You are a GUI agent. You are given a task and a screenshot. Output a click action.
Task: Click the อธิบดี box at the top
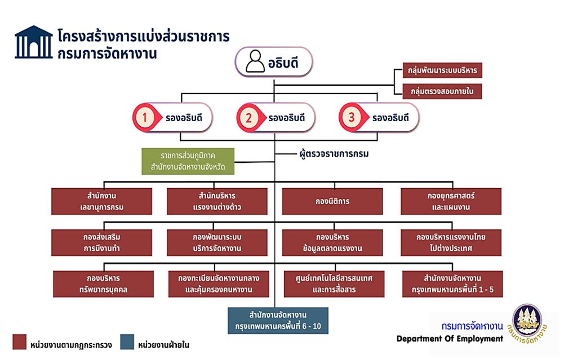274,62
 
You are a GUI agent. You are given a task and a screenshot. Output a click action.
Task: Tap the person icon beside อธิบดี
255,61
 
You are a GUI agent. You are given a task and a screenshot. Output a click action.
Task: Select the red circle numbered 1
145,117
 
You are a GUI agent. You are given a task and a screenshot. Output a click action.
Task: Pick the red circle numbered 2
248,118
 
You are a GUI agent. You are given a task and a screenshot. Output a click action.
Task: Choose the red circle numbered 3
352,117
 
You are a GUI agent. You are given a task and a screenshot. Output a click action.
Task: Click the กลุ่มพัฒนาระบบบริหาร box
442,70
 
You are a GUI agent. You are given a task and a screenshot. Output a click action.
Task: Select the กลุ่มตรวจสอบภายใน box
442,91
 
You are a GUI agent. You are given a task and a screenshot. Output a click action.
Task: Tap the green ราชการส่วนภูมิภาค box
188,161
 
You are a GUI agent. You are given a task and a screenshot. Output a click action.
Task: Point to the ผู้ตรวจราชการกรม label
334,154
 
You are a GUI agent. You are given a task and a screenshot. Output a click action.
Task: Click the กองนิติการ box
332,201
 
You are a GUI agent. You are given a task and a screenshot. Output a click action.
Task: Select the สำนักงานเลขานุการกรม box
101,201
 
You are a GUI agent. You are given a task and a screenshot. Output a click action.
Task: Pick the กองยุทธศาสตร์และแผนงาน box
451,201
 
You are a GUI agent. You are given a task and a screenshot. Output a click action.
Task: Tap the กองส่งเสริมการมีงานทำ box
101,243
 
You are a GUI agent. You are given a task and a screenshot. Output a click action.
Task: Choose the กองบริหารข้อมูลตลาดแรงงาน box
332,243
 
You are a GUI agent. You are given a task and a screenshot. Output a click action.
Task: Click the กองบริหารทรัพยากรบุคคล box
103,284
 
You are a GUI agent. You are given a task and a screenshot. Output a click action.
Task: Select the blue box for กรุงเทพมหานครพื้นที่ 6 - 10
278,321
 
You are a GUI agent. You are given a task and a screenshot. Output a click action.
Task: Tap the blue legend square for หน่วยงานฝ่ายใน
127,341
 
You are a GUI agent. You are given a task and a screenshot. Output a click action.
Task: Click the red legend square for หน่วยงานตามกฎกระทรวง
19,341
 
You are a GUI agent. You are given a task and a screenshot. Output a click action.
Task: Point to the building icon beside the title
33,42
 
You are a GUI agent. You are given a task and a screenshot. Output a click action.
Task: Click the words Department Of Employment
450,339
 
